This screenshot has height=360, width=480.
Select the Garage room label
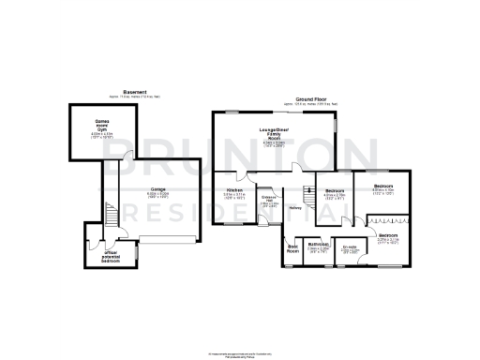pos(157,188)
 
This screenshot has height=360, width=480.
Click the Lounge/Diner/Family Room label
pos(277,133)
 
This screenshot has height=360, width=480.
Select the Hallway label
pos(294,207)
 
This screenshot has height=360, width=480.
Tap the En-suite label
pos(352,247)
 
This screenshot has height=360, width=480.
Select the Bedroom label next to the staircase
pos(335,190)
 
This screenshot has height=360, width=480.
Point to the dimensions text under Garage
pos(157,195)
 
